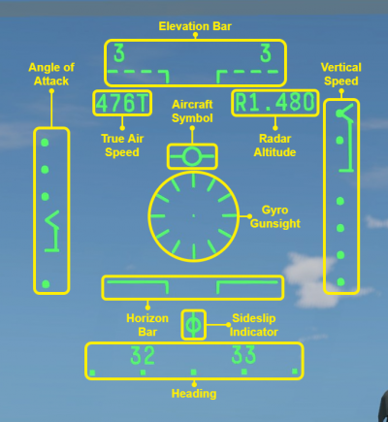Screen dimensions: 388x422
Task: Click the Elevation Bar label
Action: pyautogui.click(x=195, y=26)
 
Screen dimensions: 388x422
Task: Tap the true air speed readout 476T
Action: pyautogui.click(x=122, y=103)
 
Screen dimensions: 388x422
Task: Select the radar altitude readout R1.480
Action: pyautogui.click(x=275, y=103)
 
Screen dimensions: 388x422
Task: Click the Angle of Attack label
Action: pyautogui.click(x=51, y=74)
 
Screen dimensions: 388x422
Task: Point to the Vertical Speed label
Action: pyautogui.click(x=341, y=74)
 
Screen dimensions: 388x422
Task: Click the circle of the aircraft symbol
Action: pyautogui.click(x=192, y=156)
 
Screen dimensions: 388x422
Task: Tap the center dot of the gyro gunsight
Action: pyautogui.click(x=193, y=215)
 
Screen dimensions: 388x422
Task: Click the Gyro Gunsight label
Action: pyautogui.click(x=275, y=216)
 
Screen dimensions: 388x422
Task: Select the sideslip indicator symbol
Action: pyautogui.click(x=193, y=325)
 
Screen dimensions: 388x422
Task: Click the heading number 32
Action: pyautogui.click(x=143, y=355)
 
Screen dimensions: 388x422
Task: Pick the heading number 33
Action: pyautogui.click(x=243, y=355)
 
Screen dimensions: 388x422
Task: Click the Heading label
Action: pyautogui.click(x=194, y=394)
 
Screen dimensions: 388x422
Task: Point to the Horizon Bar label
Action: pyautogui.click(x=147, y=325)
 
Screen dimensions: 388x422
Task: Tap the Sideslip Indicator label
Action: pyautogui.click(x=254, y=325)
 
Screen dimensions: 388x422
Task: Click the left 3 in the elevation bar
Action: pyautogui.click(x=119, y=53)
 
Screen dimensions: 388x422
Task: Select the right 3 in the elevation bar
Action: pyautogui.click(x=266, y=53)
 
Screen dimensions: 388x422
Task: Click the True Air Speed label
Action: pyautogui.click(x=122, y=146)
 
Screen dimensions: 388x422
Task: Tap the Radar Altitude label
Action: pyautogui.click(x=275, y=146)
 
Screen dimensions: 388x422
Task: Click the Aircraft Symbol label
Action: pyautogui.click(x=192, y=111)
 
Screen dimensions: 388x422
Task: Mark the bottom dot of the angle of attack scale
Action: pyautogui.click(x=46, y=284)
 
